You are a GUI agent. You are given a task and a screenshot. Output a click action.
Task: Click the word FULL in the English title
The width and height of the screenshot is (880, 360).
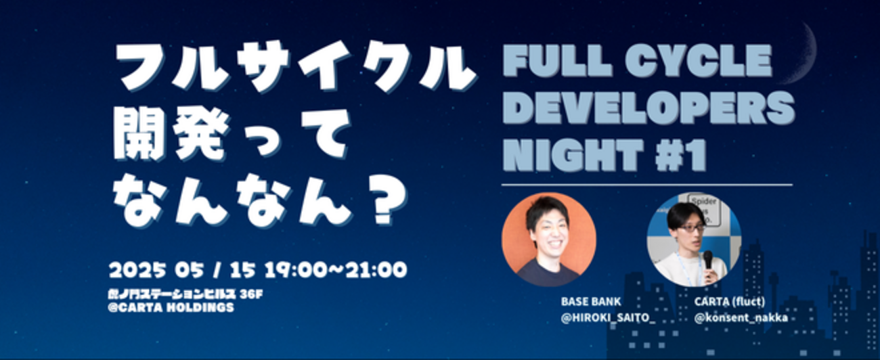(558, 61)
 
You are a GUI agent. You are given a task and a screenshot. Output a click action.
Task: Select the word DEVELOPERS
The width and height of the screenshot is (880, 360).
(649, 108)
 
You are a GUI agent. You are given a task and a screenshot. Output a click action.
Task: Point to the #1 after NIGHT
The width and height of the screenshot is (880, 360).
(682, 155)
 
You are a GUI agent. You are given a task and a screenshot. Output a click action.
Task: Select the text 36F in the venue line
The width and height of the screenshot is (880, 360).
(251, 294)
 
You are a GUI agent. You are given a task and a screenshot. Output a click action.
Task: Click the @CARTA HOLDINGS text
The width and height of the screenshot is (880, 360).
(171, 307)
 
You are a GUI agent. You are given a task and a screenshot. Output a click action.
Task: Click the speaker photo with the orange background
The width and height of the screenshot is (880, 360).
(549, 239)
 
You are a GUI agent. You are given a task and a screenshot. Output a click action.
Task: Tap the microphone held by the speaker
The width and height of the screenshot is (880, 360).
(707, 263)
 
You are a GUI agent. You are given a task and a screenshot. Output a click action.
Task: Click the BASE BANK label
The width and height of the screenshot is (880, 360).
(591, 302)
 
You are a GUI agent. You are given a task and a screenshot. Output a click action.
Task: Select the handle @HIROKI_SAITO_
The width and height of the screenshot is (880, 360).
(608, 318)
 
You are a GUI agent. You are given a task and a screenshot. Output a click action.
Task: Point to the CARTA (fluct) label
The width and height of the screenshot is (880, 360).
(730, 302)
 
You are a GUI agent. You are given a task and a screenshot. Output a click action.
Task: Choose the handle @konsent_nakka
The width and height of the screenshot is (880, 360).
(741, 318)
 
